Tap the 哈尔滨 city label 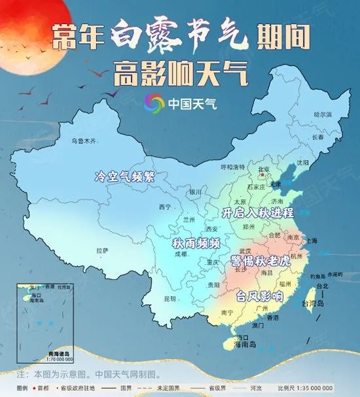click(323, 114)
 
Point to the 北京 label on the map click(264, 169)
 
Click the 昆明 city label click(170, 299)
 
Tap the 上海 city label click(310, 241)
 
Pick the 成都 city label click(180, 254)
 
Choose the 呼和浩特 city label click(232, 167)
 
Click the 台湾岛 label click(313, 303)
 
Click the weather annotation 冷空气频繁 click(125, 177)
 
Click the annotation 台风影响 click(260, 296)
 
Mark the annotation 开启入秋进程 click(258, 213)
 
